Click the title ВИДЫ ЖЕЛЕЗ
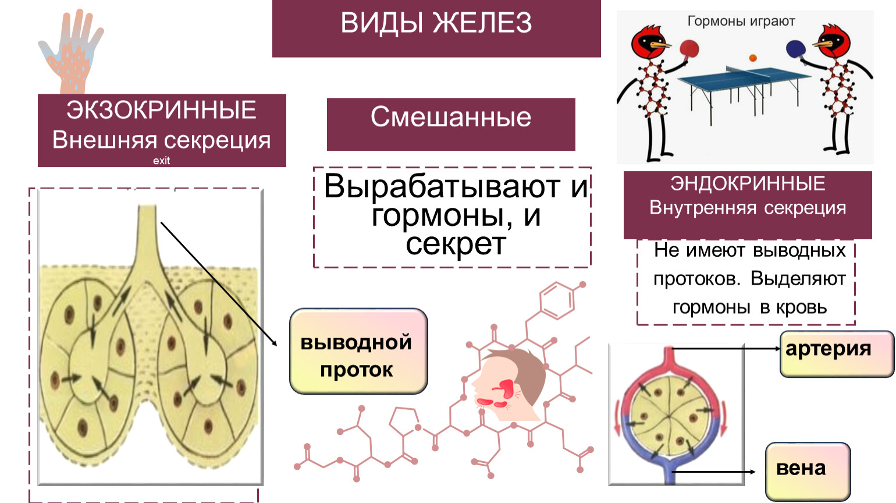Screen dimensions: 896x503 pyautogui.click(x=436, y=23)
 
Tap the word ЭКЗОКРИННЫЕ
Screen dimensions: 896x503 pyautogui.click(x=161, y=109)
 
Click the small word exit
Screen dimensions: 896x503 pyautogui.click(x=161, y=161)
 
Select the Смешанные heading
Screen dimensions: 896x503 pyautogui.click(x=451, y=117)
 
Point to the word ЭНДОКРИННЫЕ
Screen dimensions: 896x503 pyautogui.click(x=748, y=183)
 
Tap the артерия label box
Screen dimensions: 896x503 pyautogui.click(x=837, y=354)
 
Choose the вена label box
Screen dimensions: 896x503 pyautogui.click(x=808, y=471)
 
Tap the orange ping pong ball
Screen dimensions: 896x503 pyautogui.click(x=753, y=58)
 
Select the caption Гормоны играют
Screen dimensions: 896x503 pyautogui.click(x=741, y=21)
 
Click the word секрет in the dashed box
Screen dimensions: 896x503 pyautogui.click(x=456, y=244)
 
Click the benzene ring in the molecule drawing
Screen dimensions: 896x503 pyautogui.click(x=557, y=301)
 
